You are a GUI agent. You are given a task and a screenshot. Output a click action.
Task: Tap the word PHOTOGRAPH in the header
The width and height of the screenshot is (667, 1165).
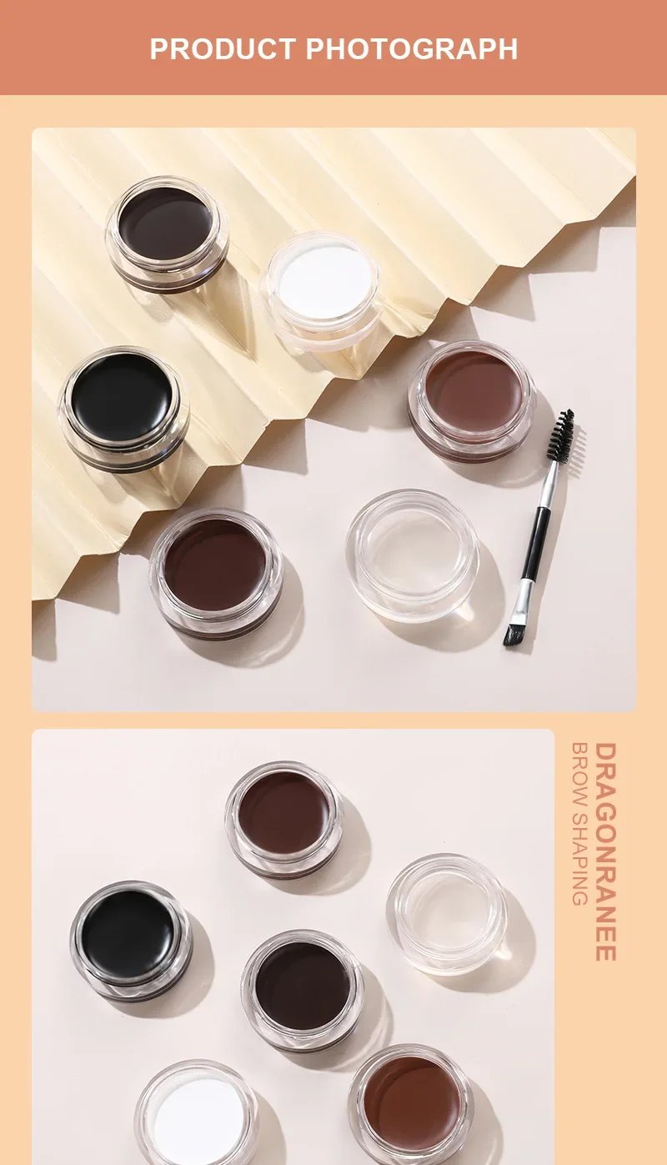(x=412, y=48)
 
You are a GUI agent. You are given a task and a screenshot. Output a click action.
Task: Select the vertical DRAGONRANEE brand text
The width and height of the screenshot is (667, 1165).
(x=606, y=851)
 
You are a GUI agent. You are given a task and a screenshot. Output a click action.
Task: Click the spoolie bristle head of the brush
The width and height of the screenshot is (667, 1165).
(x=560, y=435)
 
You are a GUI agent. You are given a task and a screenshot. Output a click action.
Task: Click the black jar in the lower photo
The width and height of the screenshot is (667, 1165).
(x=130, y=937)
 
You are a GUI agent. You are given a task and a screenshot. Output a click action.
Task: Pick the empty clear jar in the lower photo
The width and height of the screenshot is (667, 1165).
(x=447, y=912)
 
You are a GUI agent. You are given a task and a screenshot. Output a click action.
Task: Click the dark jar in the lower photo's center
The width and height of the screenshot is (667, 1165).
(x=303, y=988)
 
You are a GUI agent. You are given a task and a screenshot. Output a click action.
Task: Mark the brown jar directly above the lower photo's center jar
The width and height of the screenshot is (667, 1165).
(x=283, y=817)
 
